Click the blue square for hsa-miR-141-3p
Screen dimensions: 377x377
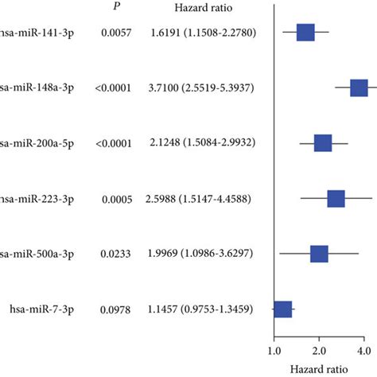coord(305,33)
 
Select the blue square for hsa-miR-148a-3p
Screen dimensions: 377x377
coord(359,87)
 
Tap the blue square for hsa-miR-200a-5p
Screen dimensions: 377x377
coord(323,143)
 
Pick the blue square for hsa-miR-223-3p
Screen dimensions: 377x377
coord(336,198)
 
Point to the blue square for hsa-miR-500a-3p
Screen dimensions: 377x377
coord(319,254)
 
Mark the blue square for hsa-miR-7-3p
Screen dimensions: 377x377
coord(282,309)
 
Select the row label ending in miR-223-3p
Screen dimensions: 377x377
coord(35,198)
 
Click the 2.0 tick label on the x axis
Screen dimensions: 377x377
coord(318,350)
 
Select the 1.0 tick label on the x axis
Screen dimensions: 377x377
coord(274,350)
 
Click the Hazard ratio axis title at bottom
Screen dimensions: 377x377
coord(318,368)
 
